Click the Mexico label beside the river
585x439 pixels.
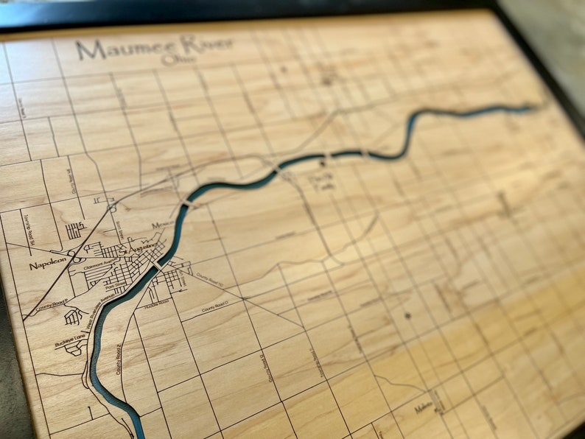[x=162, y=225]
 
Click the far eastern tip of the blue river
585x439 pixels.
[x=532, y=108]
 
